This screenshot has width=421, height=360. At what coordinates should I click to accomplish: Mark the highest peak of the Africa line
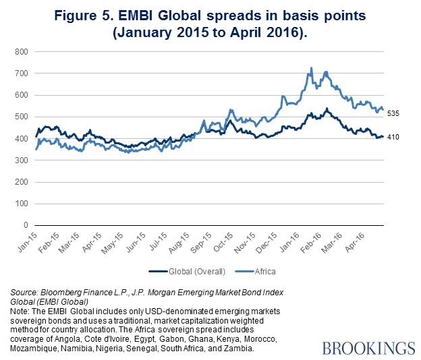[311, 67]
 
